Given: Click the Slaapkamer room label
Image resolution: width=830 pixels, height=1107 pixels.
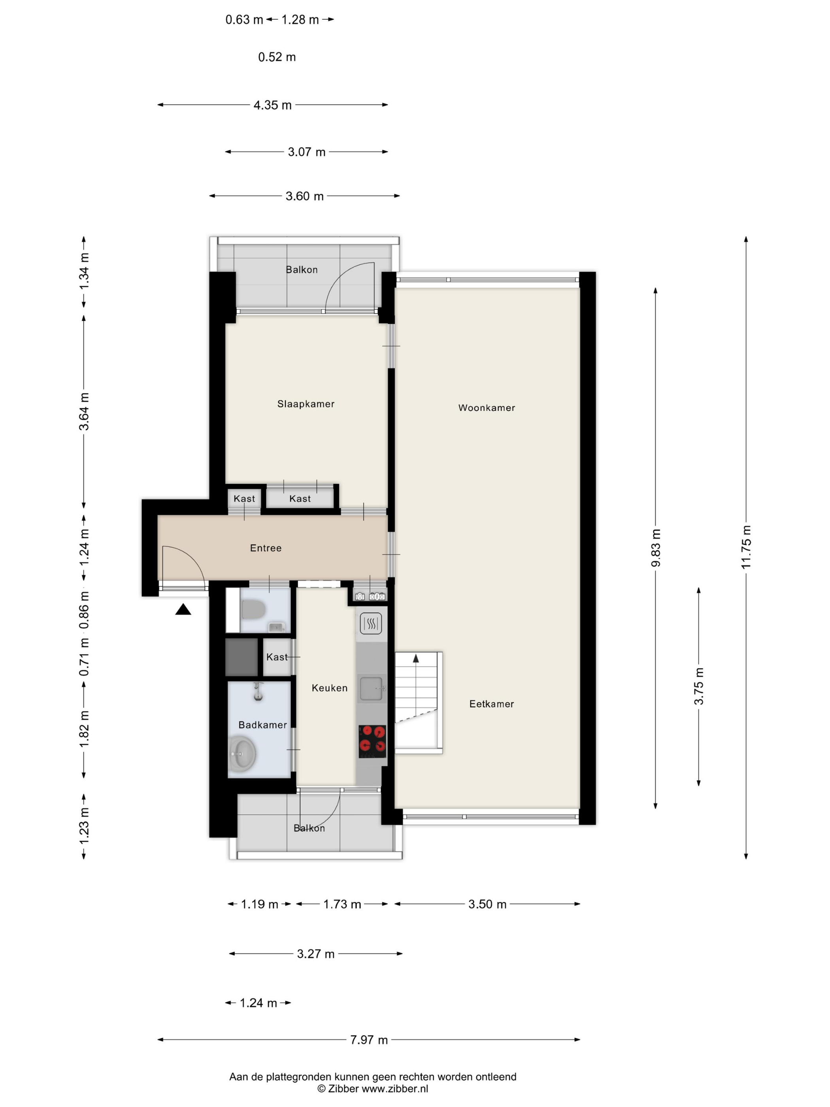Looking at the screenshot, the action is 306,404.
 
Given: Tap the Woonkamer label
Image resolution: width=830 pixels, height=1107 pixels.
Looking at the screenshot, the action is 486,408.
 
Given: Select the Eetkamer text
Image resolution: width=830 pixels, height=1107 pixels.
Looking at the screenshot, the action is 491,704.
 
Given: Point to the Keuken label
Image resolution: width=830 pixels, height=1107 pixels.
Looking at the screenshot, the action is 329,688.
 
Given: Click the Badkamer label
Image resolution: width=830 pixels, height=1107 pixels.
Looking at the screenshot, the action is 263,725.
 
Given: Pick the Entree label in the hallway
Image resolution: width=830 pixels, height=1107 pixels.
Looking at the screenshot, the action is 266,548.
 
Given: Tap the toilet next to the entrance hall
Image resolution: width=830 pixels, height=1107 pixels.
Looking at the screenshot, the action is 253,610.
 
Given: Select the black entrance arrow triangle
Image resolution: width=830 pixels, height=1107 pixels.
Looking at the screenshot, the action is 183,609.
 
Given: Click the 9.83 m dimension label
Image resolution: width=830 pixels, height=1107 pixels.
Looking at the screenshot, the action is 655,548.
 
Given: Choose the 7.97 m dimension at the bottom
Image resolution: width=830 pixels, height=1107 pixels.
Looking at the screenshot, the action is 369,1039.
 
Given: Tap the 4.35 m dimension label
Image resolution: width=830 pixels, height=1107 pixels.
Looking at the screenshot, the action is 272,105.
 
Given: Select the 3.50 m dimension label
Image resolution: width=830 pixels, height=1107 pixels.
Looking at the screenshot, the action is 487,904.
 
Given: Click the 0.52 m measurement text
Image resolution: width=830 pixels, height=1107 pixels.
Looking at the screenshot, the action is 277,57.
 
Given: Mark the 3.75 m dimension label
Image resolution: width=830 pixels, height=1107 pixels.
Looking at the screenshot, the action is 698,686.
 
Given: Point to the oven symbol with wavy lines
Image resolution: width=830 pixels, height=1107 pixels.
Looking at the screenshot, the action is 371,623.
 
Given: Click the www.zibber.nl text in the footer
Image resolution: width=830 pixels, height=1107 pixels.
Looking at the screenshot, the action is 395,1088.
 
